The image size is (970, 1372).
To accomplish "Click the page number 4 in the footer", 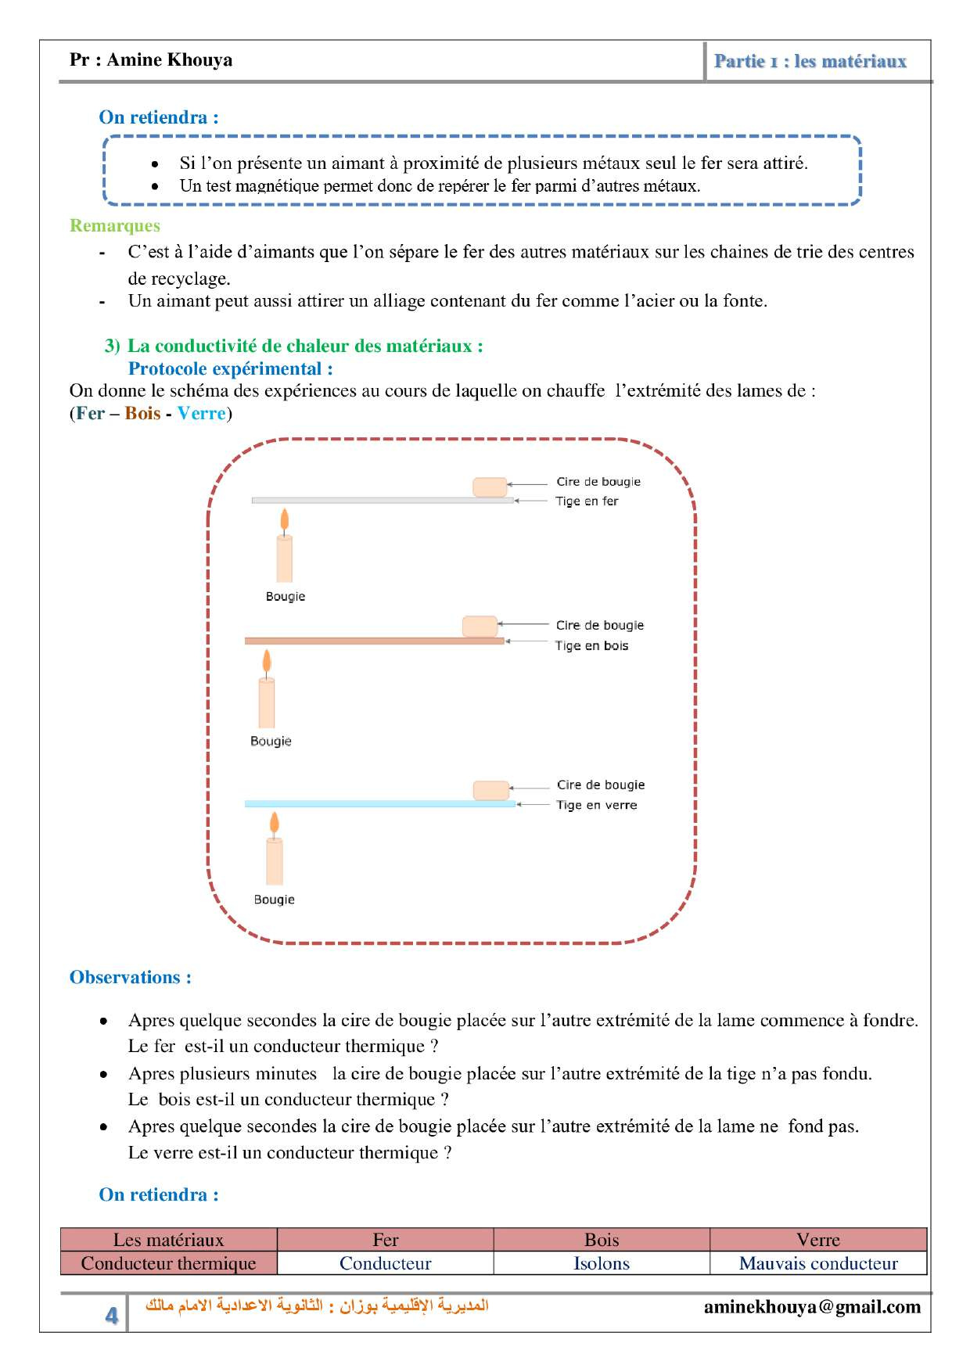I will pos(112,1315).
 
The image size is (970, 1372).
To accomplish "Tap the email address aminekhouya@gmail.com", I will pos(812,1307).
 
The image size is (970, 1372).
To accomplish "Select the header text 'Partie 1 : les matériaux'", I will pos(810,61).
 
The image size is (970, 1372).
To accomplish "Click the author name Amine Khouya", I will pos(169,60).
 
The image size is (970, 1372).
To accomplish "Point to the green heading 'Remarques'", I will pos(114,225).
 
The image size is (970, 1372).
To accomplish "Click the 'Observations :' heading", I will pos(130,977).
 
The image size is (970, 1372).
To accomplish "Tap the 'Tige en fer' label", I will pos(587,501).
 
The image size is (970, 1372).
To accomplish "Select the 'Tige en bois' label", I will pos(591,645).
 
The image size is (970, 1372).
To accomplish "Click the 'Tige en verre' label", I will pos(596,805).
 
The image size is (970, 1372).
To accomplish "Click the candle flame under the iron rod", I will pos(285,519).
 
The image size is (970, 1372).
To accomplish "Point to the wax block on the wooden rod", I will pos(480,626).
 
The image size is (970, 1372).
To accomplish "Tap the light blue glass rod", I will pos(379,803).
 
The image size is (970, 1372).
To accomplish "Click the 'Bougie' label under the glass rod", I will pos(274,900).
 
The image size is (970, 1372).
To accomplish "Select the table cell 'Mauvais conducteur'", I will pos(818,1263).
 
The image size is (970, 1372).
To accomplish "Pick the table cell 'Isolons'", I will pos(601,1263).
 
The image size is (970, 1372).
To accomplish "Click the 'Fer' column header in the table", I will pos(385,1240).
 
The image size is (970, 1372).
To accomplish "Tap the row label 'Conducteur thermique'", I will pos(168,1263).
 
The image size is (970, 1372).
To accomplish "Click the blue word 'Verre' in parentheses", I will pos(201,413).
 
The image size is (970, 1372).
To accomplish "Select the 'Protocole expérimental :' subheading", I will pos(230,368).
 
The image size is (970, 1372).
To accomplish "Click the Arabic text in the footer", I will pos(317,1306).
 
